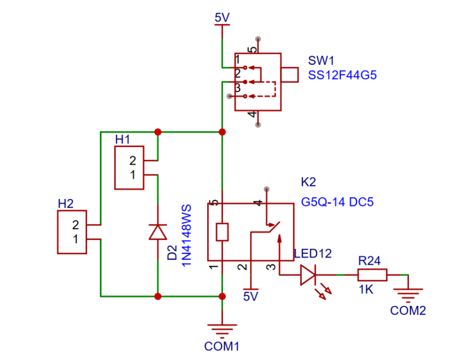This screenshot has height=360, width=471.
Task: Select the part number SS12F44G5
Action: (x=342, y=75)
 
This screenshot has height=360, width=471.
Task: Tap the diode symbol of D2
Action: (x=158, y=232)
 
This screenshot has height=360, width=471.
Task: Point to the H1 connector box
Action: (x=130, y=168)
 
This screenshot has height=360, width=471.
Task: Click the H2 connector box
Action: (x=72, y=232)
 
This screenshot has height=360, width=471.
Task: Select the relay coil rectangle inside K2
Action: (x=222, y=232)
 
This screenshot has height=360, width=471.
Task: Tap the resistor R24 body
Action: (x=372, y=275)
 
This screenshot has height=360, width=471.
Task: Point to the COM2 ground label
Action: (x=408, y=311)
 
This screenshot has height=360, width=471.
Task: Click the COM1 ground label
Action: (x=222, y=346)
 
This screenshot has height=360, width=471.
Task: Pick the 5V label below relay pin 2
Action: (x=251, y=297)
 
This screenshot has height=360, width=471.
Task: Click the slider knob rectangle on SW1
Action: (x=290, y=75)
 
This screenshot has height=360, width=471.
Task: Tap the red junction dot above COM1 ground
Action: (x=222, y=297)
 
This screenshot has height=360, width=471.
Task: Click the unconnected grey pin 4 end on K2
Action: (x=266, y=189)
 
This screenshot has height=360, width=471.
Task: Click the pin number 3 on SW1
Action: (x=238, y=88)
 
